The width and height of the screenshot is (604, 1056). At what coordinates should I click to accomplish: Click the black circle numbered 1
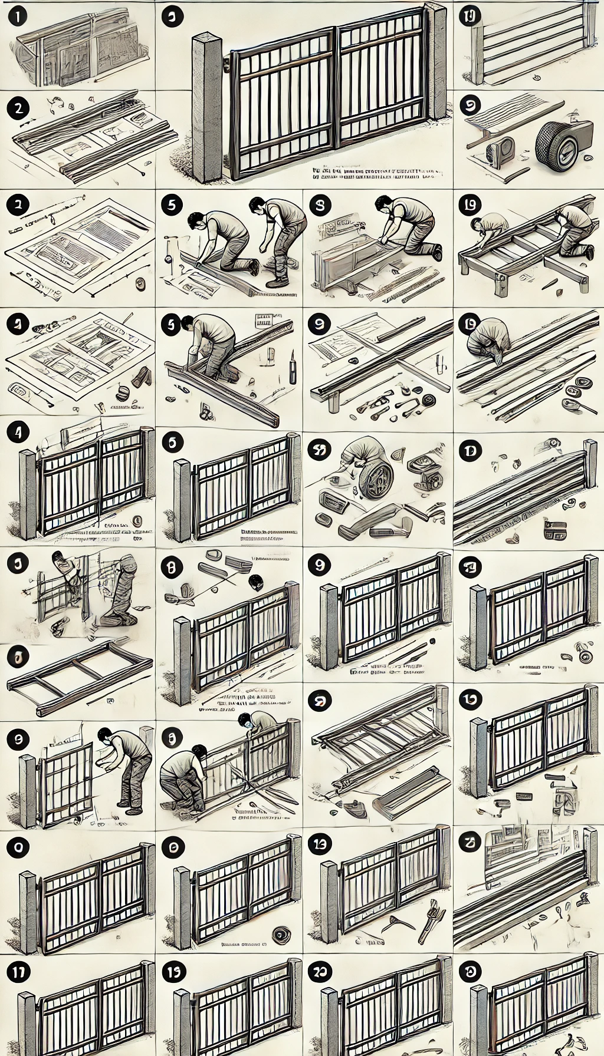pos(18,17)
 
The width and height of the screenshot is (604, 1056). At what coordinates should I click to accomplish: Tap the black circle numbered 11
pos(18,972)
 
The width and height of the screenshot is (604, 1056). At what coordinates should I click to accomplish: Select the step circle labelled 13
pos(320,844)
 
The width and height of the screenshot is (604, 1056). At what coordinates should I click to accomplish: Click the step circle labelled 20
pos(320,972)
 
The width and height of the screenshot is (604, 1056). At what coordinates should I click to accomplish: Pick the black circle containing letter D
pos(470,451)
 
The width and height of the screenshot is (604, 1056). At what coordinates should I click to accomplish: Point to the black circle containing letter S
pos(320,205)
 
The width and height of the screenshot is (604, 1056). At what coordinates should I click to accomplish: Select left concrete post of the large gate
pos(207,106)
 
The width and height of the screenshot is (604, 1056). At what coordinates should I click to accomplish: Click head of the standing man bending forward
pos(257,206)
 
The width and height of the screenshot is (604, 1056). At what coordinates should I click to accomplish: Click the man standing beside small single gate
pos(130,766)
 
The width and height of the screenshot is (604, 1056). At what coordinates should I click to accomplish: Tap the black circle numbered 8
pos(172,567)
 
